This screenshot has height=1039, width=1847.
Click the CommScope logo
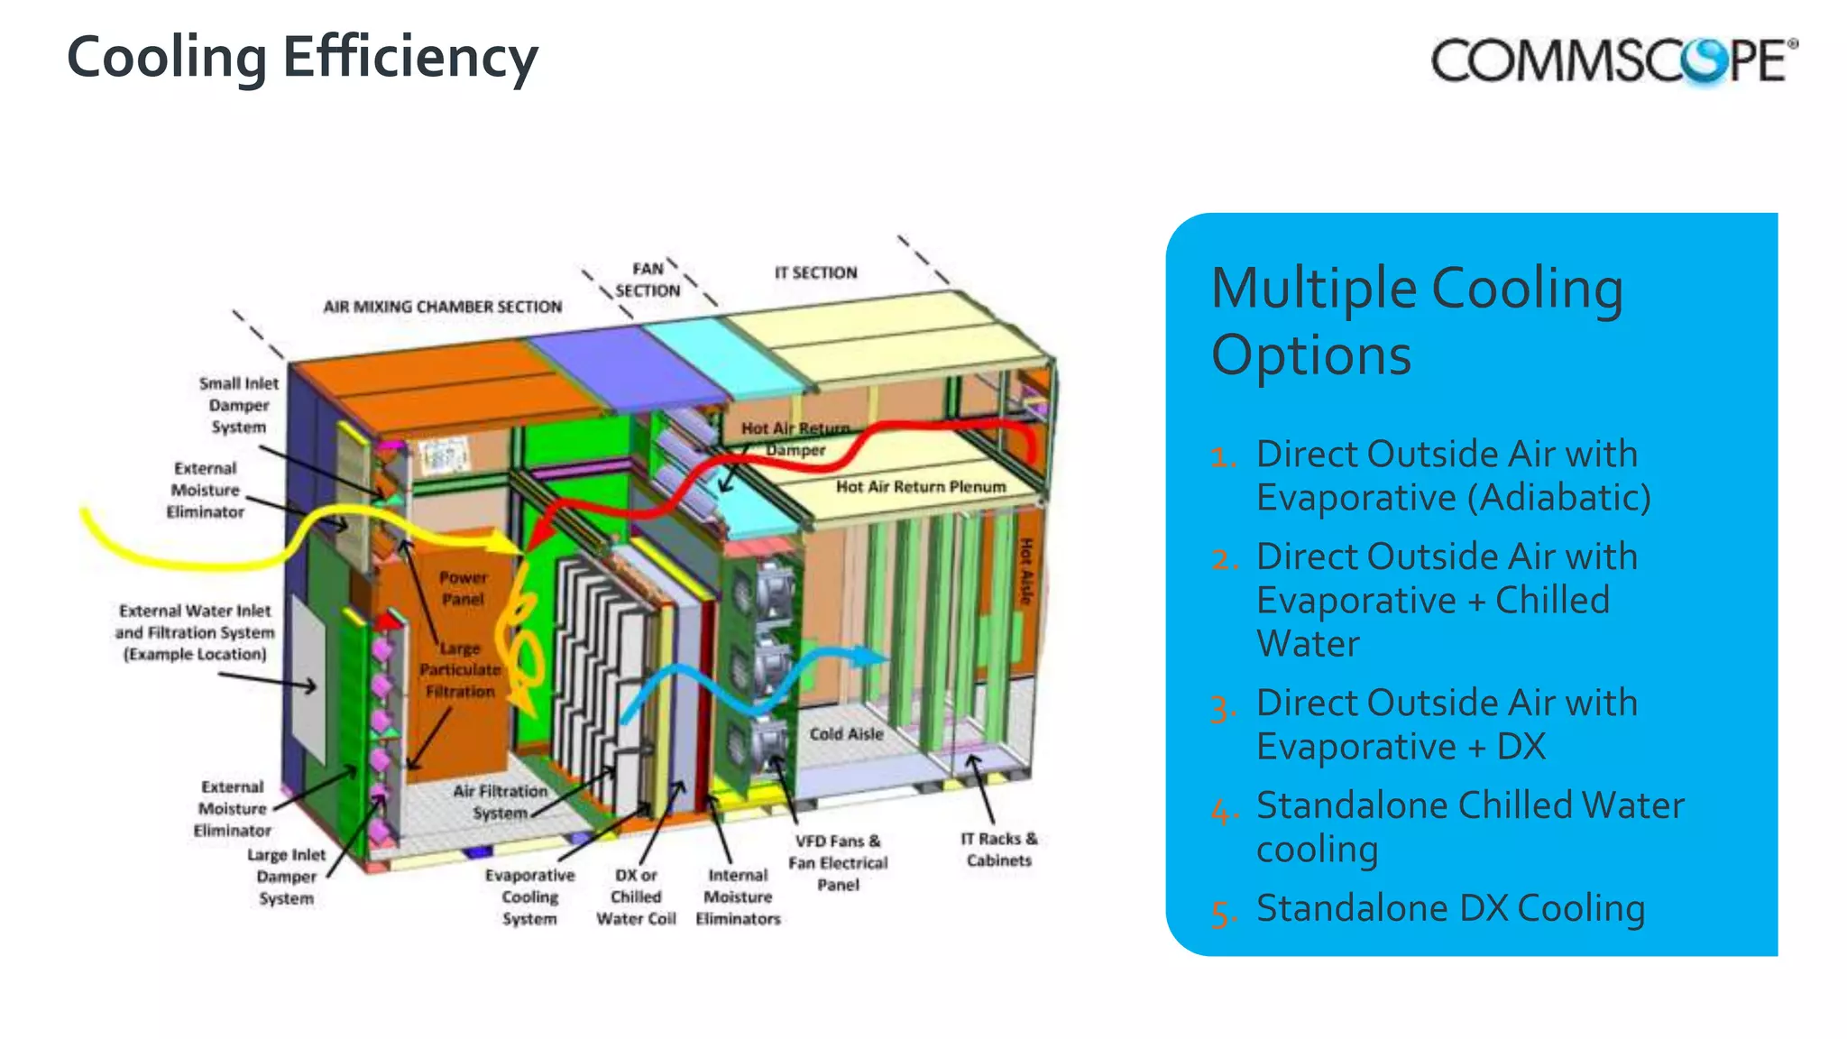[x=1613, y=61]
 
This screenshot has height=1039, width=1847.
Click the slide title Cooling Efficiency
[x=302, y=58]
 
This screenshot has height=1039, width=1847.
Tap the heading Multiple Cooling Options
[x=1417, y=320]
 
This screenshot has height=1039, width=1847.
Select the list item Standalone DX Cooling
[x=1450, y=908]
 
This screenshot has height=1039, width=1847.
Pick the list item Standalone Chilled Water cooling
[x=1469, y=827]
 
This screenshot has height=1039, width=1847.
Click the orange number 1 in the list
[x=1223, y=456]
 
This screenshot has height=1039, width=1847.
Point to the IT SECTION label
[x=815, y=272]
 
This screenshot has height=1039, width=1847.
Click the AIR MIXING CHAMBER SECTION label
[x=442, y=307]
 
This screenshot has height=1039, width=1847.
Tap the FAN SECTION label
[x=648, y=280]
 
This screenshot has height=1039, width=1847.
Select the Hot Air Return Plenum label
[x=920, y=487]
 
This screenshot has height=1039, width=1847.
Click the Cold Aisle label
[x=846, y=734]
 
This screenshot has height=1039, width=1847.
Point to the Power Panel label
[x=463, y=588]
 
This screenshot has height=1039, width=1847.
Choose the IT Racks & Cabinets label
[x=998, y=850]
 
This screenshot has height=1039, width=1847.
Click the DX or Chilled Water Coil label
[x=636, y=896]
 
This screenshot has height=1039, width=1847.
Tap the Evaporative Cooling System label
[x=529, y=896]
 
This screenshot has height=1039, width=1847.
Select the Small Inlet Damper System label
[x=239, y=405]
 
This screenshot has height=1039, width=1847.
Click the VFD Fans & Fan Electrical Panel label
[x=838, y=862]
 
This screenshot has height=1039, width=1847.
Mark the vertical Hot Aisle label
[x=1025, y=572]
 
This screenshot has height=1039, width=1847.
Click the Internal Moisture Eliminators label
[x=738, y=896]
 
